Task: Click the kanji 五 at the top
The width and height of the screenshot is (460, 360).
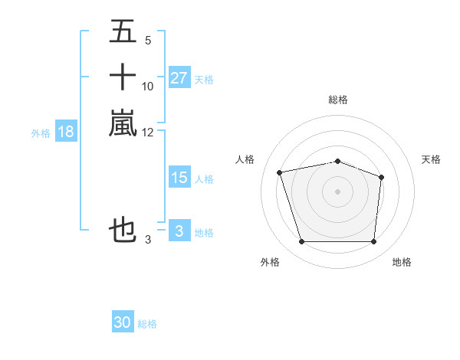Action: coord(123,33)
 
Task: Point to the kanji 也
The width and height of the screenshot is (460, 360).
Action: coord(123,230)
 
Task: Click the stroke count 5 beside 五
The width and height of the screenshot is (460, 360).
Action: coord(147,41)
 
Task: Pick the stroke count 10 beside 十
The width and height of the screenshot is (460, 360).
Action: coord(148,86)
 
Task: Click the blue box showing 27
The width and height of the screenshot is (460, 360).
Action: coord(179,78)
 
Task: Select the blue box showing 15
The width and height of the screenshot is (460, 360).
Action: coord(179,178)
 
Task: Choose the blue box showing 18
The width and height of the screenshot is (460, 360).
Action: coord(66,132)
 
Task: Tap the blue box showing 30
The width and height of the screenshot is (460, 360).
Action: coord(123,323)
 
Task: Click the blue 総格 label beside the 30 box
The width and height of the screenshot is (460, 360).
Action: coord(147,324)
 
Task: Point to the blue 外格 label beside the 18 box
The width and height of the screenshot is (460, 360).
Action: coord(41,133)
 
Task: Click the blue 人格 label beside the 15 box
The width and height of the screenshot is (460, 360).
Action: coord(204,178)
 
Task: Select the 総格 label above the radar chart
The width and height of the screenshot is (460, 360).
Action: coord(338,100)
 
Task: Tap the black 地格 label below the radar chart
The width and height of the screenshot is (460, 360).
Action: coord(402,262)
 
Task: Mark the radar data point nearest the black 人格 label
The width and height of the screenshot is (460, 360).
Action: coord(280,172)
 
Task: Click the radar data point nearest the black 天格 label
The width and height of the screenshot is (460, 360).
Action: coord(382,177)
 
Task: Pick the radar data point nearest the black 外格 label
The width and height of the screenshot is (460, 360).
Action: coord(301,242)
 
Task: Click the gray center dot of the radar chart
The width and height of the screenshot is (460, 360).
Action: coord(338,191)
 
